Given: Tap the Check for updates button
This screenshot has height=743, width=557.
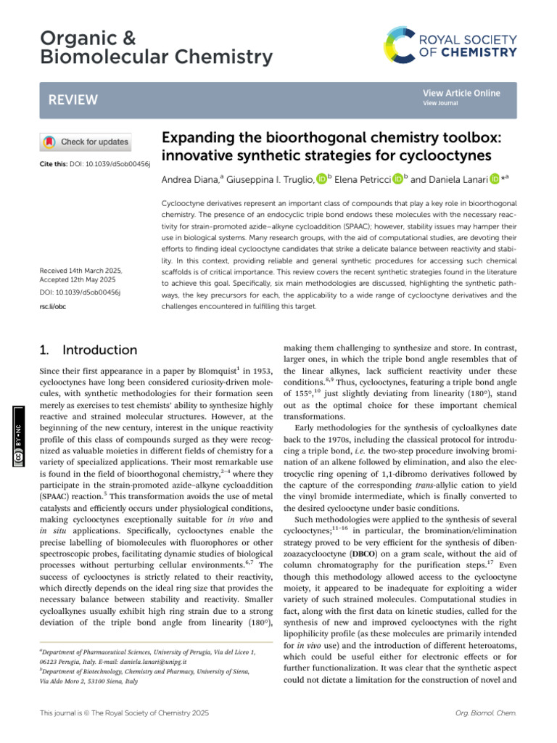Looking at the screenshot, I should pyautogui.click(x=86, y=142).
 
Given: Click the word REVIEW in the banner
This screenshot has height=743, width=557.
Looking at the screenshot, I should pyautogui.click(x=69, y=99).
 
